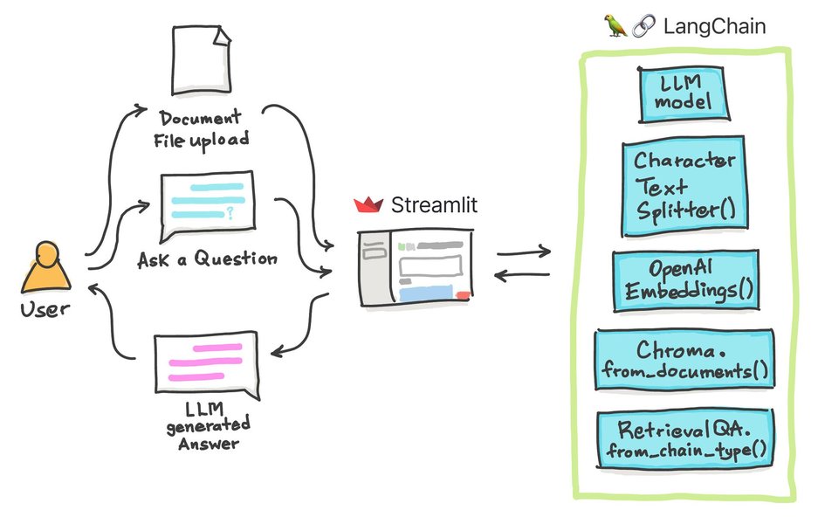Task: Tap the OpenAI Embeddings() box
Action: (x=686, y=280)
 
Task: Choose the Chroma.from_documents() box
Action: (x=684, y=362)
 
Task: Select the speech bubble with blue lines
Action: (x=206, y=204)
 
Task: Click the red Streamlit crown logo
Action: (x=369, y=206)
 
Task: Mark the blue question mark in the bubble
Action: (x=230, y=210)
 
